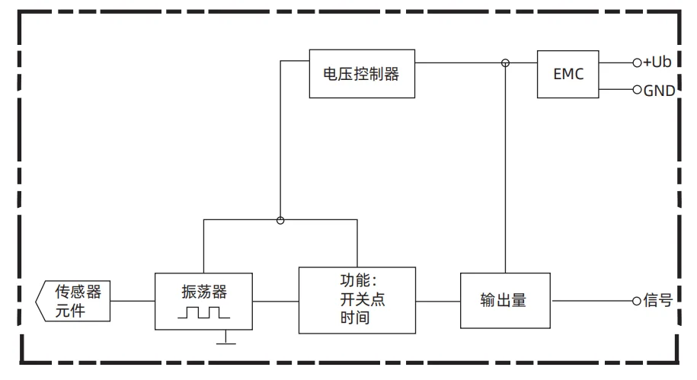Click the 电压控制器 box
(362, 73)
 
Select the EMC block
(568, 74)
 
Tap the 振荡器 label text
(204, 292)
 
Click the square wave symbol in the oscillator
(203, 311)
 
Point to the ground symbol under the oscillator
(225, 341)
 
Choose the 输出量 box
(505, 300)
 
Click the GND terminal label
(660, 91)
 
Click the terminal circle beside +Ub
(637, 62)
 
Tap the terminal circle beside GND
(637, 90)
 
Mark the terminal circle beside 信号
(637, 301)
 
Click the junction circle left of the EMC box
(505, 62)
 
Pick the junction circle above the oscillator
(280, 220)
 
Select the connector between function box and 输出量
(438, 301)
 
